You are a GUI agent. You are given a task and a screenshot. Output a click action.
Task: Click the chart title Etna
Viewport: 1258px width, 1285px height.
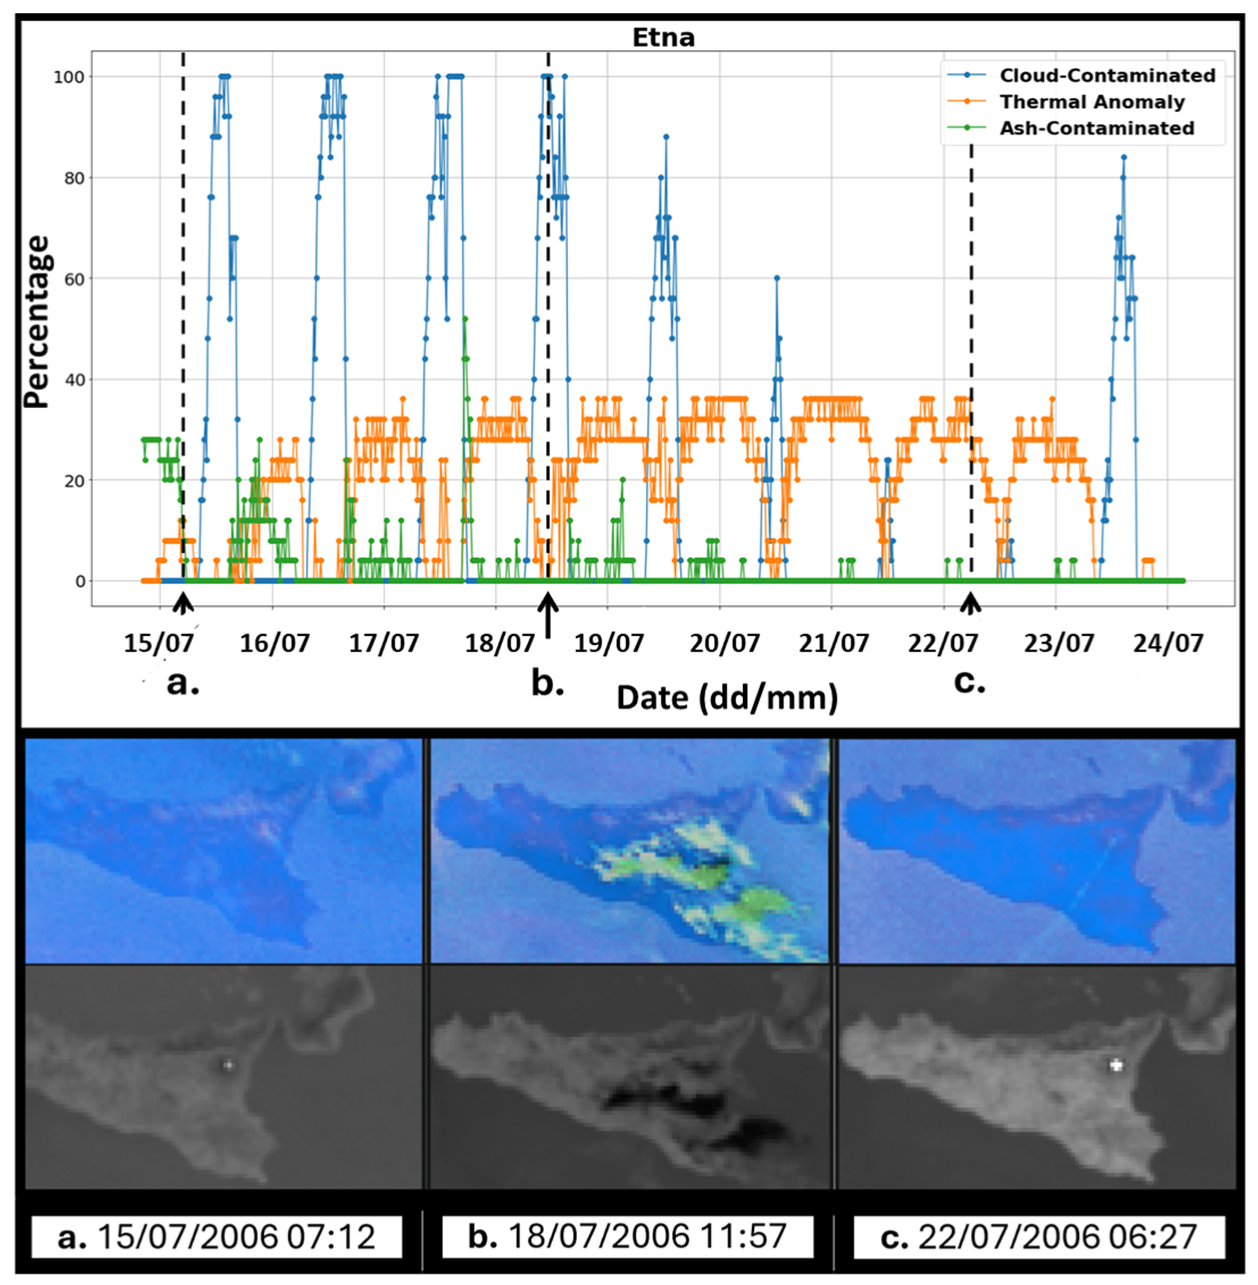click(663, 37)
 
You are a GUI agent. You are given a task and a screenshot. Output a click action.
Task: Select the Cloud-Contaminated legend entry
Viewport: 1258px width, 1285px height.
click(1107, 76)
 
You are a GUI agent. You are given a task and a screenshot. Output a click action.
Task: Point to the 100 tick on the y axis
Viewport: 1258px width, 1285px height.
click(69, 78)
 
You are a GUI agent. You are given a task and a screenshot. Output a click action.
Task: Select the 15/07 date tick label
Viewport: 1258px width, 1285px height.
click(159, 643)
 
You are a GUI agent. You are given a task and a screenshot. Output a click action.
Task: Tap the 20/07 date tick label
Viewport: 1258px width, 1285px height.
click(724, 643)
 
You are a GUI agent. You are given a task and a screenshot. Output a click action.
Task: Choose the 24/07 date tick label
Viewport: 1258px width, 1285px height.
click(1168, 643)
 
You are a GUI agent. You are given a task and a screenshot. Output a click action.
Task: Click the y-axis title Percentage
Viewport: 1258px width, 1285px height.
click(37, 322)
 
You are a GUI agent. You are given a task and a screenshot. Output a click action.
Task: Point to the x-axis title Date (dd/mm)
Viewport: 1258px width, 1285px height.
click(727, 698)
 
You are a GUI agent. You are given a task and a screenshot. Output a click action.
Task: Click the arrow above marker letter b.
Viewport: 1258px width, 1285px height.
click(548, 615)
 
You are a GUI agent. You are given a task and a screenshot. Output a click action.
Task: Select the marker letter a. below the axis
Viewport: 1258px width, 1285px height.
click(183, 683)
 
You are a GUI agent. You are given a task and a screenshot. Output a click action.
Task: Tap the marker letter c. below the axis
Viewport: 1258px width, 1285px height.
click(969, 682)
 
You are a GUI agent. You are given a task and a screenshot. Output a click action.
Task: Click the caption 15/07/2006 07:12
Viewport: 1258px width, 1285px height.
click(217, 1236)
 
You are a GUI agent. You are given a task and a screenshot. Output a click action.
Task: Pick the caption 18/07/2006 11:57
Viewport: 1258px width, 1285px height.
click(627, 1235)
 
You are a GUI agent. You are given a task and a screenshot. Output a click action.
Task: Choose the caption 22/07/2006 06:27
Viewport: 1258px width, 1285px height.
click(1038, 1236)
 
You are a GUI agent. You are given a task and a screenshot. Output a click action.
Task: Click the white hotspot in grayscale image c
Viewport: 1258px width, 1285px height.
click(1116, 1065)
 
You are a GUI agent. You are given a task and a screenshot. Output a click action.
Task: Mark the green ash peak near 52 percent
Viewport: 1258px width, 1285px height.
click(465, 319)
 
